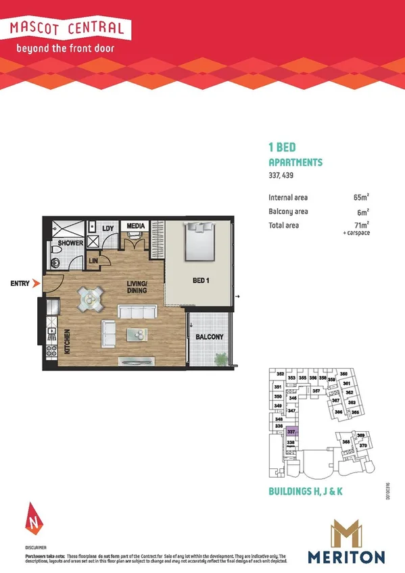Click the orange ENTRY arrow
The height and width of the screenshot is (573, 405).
tap(36, 284)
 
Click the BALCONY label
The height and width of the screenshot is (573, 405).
tap(209, 337)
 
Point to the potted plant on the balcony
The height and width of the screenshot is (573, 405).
tap(220, 359)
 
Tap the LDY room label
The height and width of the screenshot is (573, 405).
tap(108, 228)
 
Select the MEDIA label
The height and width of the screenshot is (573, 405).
tap(136, 226)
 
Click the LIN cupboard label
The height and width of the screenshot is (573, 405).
tap(95, 260)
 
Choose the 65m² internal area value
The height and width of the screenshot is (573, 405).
tap(360, 198)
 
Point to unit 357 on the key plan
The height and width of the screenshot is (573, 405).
tap(316, 391)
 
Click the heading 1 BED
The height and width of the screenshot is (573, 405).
tap(282, 147)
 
